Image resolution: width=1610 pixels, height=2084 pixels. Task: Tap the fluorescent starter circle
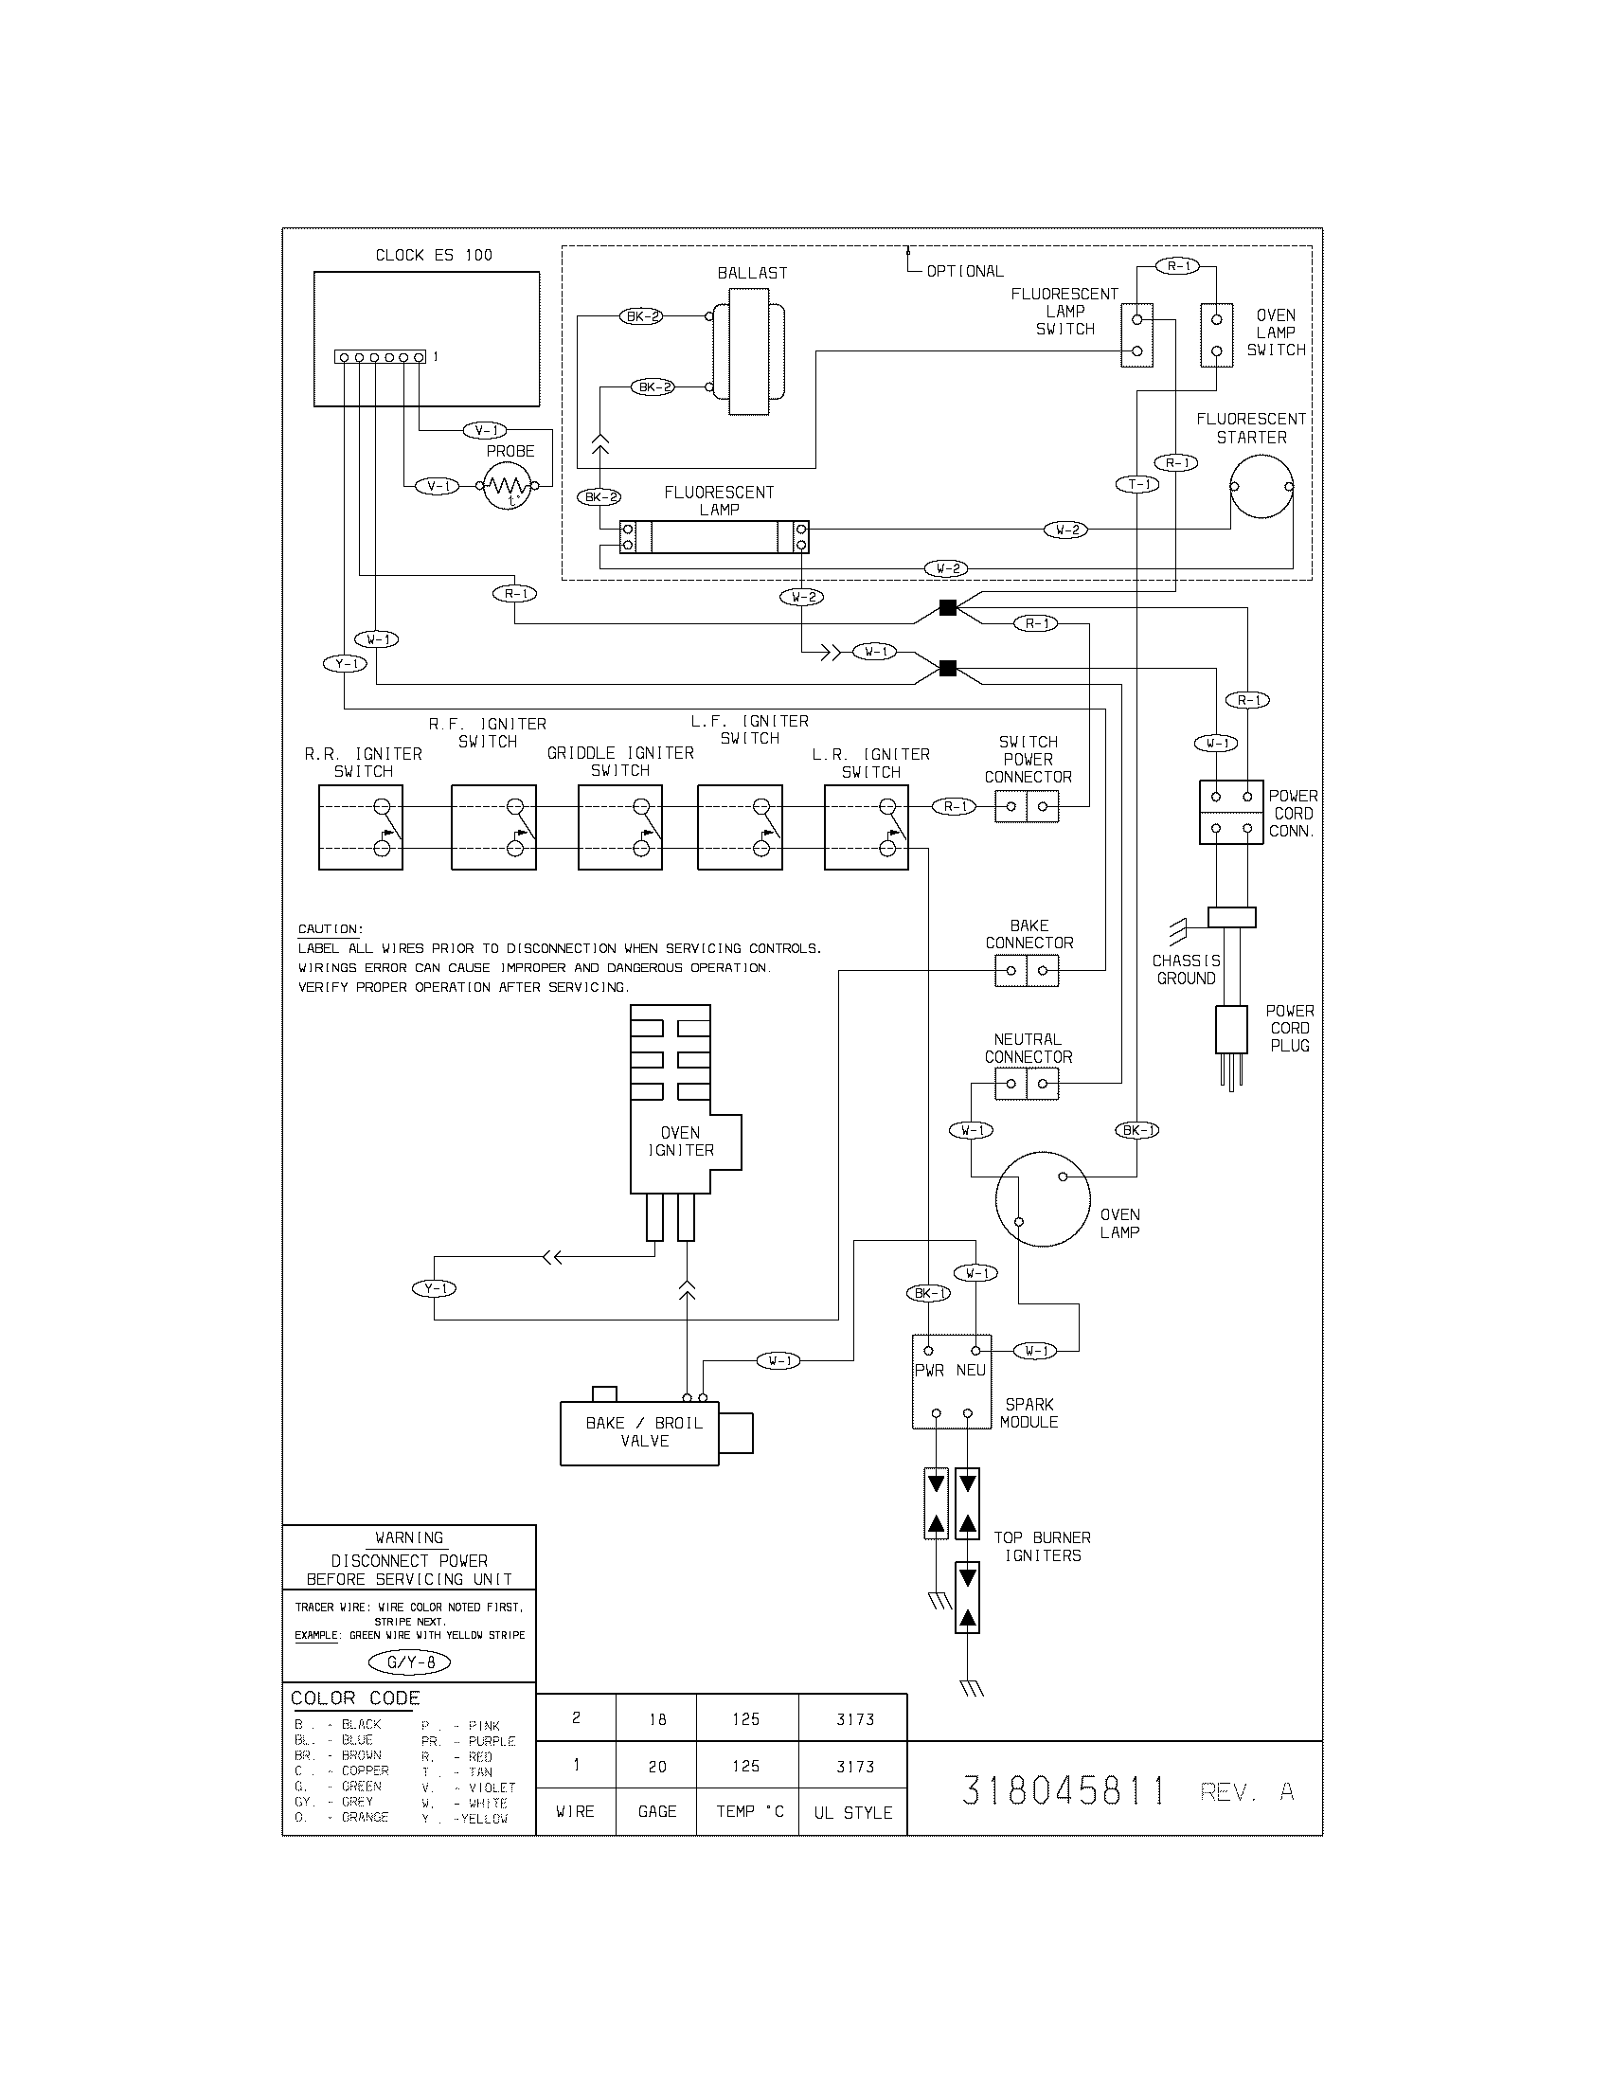click(x=1261, y=487)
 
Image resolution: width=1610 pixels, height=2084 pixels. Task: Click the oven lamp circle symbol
click(x=1042, y=1199)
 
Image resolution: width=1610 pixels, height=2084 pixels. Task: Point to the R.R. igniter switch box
click(x=361, y=827)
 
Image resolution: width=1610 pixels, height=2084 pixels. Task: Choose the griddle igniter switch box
click(x=620, y=827)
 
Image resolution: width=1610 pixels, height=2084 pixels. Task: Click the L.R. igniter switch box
click(x=866, y=827)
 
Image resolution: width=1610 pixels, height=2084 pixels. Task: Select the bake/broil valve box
click(x=639, y=1432)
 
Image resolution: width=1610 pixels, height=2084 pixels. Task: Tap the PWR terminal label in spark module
click(x=928, y=1371)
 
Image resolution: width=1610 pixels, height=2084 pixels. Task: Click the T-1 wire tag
click(x=1136, y=485)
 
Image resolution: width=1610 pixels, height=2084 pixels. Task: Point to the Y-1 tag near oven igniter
click(x=434, y=1288)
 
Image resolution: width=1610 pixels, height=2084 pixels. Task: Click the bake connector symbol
click(x=1027, y=971)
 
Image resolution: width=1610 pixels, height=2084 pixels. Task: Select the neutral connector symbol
click(x=1027, y=1084)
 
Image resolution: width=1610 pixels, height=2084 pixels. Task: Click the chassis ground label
click(x=1186, y=969)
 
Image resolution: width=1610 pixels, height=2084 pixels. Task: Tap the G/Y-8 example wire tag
click(x=408, y=1662)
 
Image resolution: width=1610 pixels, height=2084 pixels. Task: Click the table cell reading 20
click(x=657, y=1767)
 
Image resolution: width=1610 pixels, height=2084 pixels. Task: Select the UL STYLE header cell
click(x=852, y=1812)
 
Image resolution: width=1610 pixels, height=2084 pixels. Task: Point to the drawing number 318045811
click(x=1064, y=1791)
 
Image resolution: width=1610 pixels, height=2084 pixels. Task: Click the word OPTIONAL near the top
click(x=964, y=271)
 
